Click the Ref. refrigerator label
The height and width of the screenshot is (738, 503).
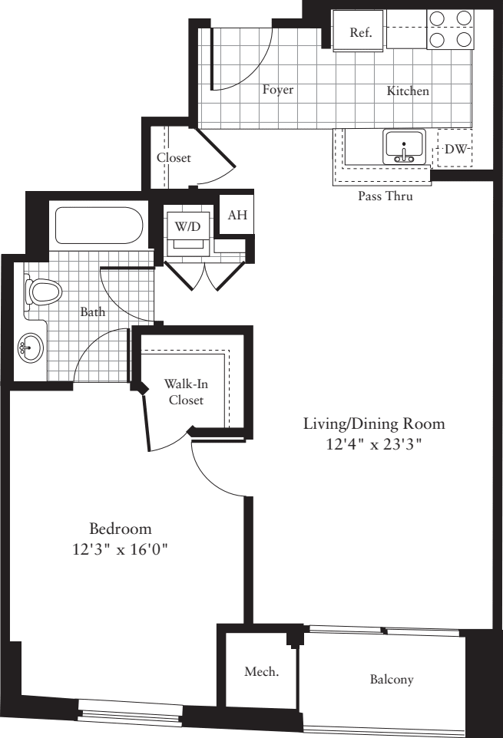click(361, 32)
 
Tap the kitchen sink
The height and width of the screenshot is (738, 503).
click(404, 147)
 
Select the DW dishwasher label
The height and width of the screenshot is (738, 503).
click(455, 149)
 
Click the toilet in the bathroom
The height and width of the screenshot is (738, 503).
click(42, 292)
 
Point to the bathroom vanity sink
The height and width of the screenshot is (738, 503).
click(31, 348)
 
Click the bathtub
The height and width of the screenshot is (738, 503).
click(99, 226)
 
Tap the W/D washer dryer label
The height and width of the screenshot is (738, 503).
click(187, 227)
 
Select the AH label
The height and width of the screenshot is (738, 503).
click(237, 215)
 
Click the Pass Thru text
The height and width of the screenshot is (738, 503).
click(386, 196)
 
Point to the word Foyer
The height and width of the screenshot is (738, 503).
click(278, 90)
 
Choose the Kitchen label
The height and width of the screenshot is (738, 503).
click(408, 91)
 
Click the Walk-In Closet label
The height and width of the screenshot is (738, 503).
click(186, 392)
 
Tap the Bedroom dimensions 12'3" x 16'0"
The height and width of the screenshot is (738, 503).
click(121, 549)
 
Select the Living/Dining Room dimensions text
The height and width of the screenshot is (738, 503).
click(373, 444)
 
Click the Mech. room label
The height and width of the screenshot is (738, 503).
click(261, 671)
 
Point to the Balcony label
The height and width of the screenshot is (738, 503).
click(392, 679)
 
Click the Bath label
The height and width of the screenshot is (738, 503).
click(92, 311)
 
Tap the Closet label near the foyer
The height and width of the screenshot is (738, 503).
click(174, 158)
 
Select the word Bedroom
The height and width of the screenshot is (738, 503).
click(121, 529)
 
